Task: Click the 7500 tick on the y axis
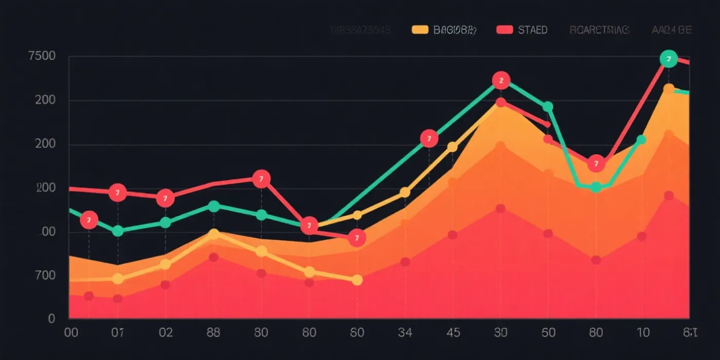click(x=42, y=56)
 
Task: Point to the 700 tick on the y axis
click(x=45, y=275)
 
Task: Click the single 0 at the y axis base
click(x=51, y=318)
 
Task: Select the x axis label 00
click(x=71, y=332)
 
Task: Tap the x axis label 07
click(x=118, y=332)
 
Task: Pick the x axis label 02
click(x=166, y=332)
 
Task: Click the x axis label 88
click(x=213, y=332)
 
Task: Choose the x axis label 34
click(x=405, y=332)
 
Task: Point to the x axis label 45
click(x=453, y=332)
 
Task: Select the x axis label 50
click(x=548, y=332)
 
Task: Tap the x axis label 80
click(x=596, y=332)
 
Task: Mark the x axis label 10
click(x=643, y=332)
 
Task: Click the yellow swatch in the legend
click(x=420, y=30)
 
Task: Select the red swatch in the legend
click(x=505, y=30)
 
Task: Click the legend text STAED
click(x=532, y=30)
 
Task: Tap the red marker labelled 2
click(x=501, y=80)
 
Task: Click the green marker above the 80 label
click(x=596, y=187)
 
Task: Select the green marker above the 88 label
click(x=213, y=206)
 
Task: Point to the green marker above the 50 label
click(x=548, y=107)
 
